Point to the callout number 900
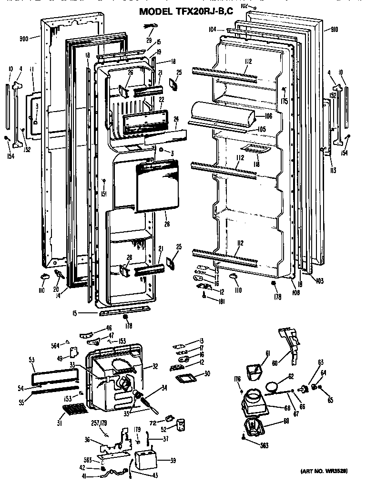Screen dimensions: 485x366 [24, 39]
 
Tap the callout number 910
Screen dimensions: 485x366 [334, 30]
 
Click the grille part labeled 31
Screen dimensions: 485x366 [74, 410]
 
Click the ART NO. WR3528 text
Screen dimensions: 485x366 [324, 471]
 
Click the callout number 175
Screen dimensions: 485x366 [285, 101]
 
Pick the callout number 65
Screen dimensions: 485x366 [330, 400]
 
